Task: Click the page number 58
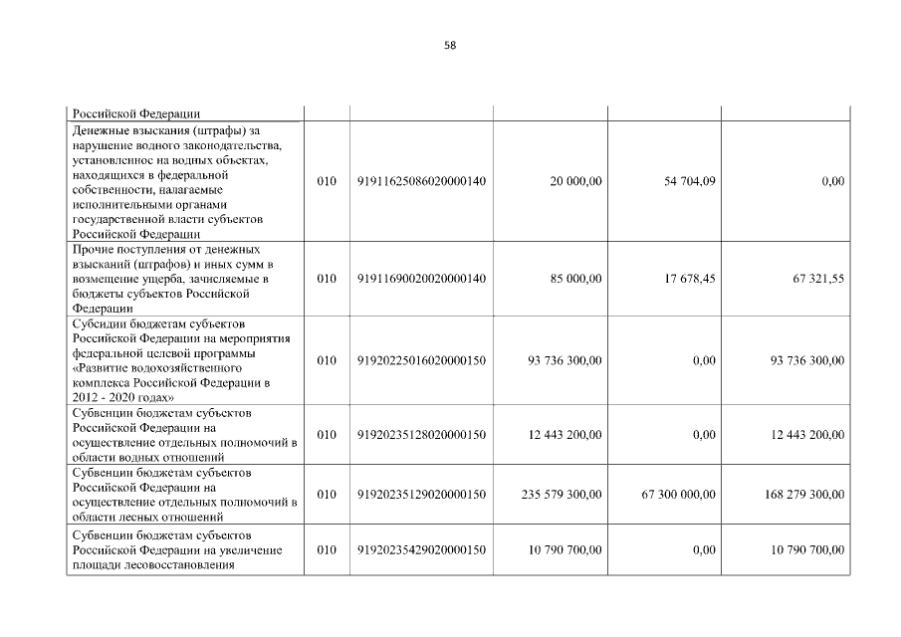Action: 450,46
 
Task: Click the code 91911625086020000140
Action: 421,181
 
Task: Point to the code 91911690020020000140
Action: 421,279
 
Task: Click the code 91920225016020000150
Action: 421,360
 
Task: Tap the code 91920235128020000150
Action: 421,434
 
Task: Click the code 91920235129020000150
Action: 421,494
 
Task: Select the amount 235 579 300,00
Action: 562,494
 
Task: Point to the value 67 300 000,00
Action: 676,494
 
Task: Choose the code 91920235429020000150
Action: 421,550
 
